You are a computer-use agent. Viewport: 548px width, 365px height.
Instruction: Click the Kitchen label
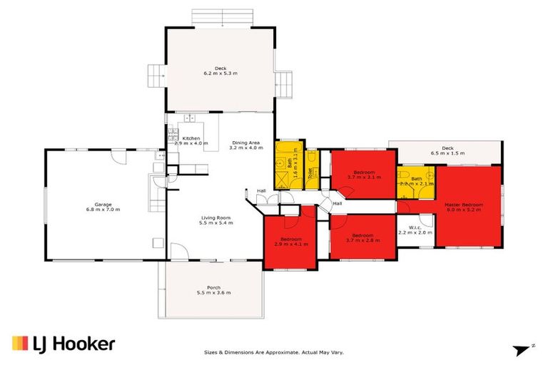click(x=191, y=138)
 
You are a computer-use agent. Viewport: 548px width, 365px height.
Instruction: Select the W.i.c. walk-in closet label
click(x=415, y=229)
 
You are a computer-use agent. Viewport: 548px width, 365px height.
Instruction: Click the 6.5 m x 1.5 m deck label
click(x=447, y=150)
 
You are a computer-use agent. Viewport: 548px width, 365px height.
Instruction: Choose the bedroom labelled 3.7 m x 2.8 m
click(x=362, y=238)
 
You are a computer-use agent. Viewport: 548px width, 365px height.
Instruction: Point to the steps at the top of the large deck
click(x=219, y=17)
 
